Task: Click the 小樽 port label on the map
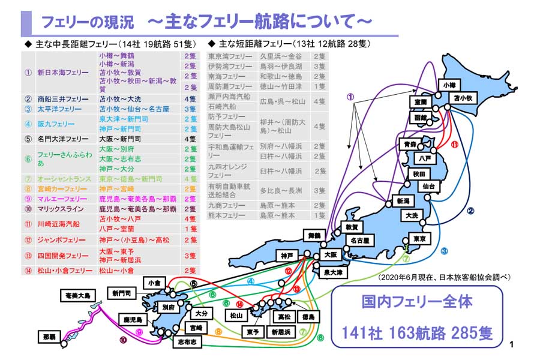[x=449, y=85]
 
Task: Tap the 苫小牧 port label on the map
[x=466, y=97]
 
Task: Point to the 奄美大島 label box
[x=77, y=295]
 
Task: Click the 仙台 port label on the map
[x=428, y=187]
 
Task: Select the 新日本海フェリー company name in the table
[x=63, y=73]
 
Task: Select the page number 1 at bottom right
[x=511, y=344]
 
